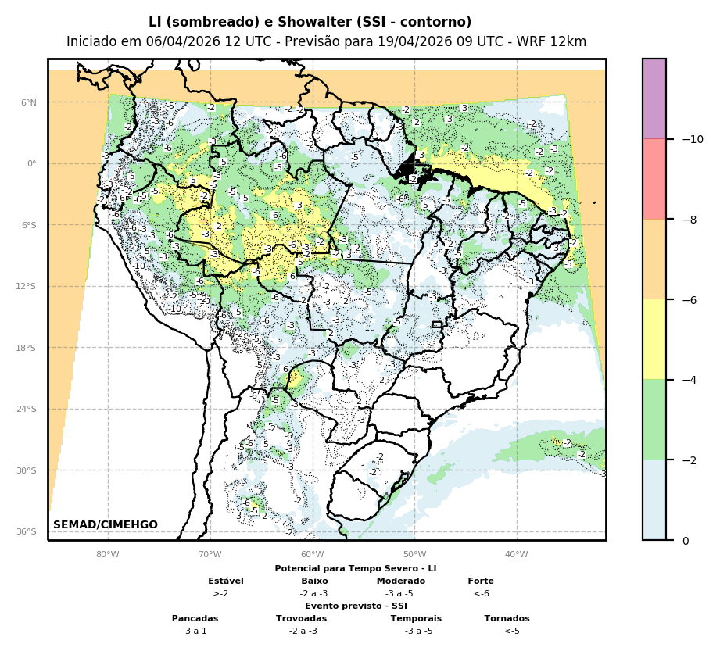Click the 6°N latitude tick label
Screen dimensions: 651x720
28,102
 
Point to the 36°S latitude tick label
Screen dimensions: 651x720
27,531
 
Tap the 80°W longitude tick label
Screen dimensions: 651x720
108,555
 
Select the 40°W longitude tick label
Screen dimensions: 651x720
516,555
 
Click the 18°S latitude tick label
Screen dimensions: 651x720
27,348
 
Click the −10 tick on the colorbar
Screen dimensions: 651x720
692,139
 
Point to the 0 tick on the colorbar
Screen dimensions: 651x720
686,541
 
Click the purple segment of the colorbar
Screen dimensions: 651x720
654,98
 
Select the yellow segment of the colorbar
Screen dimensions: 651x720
654,339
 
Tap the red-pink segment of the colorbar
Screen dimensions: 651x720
654,179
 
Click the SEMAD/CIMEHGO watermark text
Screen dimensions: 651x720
106,525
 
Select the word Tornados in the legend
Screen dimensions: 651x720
507,618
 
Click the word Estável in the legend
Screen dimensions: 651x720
226,581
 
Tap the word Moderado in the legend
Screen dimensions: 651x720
401,581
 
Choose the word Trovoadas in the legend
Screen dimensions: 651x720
301,618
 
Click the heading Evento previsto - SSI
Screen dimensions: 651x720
356,606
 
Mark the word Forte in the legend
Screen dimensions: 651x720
481,581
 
